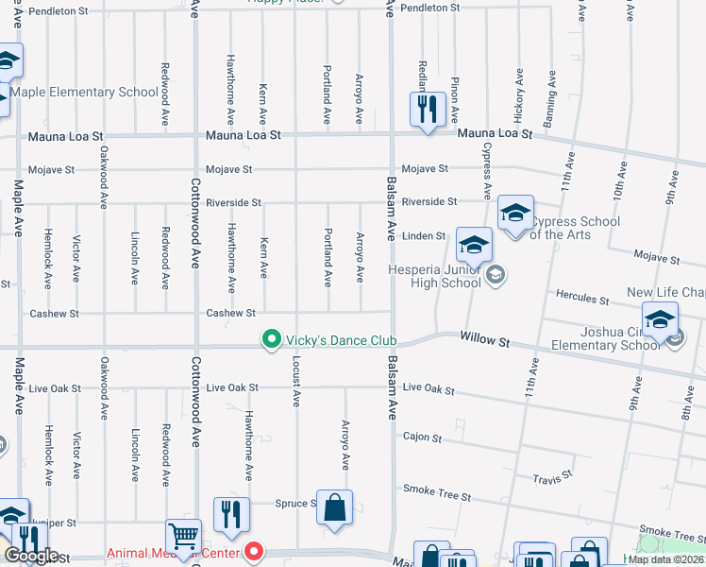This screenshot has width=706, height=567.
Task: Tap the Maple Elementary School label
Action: point(85,93)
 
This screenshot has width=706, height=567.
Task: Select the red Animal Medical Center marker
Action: point(253,552)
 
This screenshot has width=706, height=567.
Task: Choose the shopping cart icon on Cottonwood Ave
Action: point(183,537)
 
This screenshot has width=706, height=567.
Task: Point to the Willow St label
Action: point(485,337)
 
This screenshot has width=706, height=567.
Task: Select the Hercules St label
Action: point(581,299)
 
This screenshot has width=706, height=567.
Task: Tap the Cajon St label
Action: point(422,438)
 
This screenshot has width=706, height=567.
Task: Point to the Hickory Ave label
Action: point(518,94)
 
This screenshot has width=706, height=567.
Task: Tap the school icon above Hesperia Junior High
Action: point(474,245)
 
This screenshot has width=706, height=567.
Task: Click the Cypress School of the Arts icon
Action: point(516,213)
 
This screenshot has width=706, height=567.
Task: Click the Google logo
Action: point(31,557)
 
